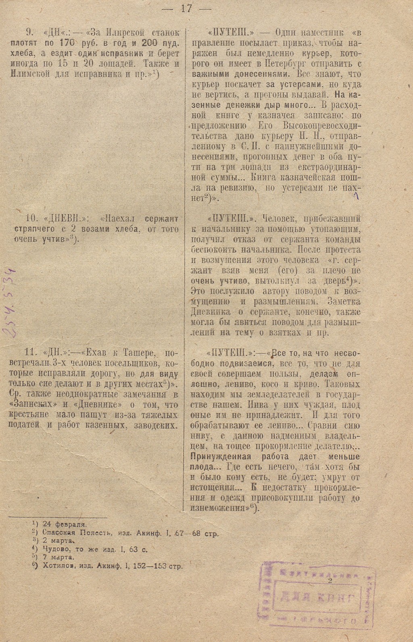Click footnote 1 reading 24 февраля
[65, 524]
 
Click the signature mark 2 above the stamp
[330, 581]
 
